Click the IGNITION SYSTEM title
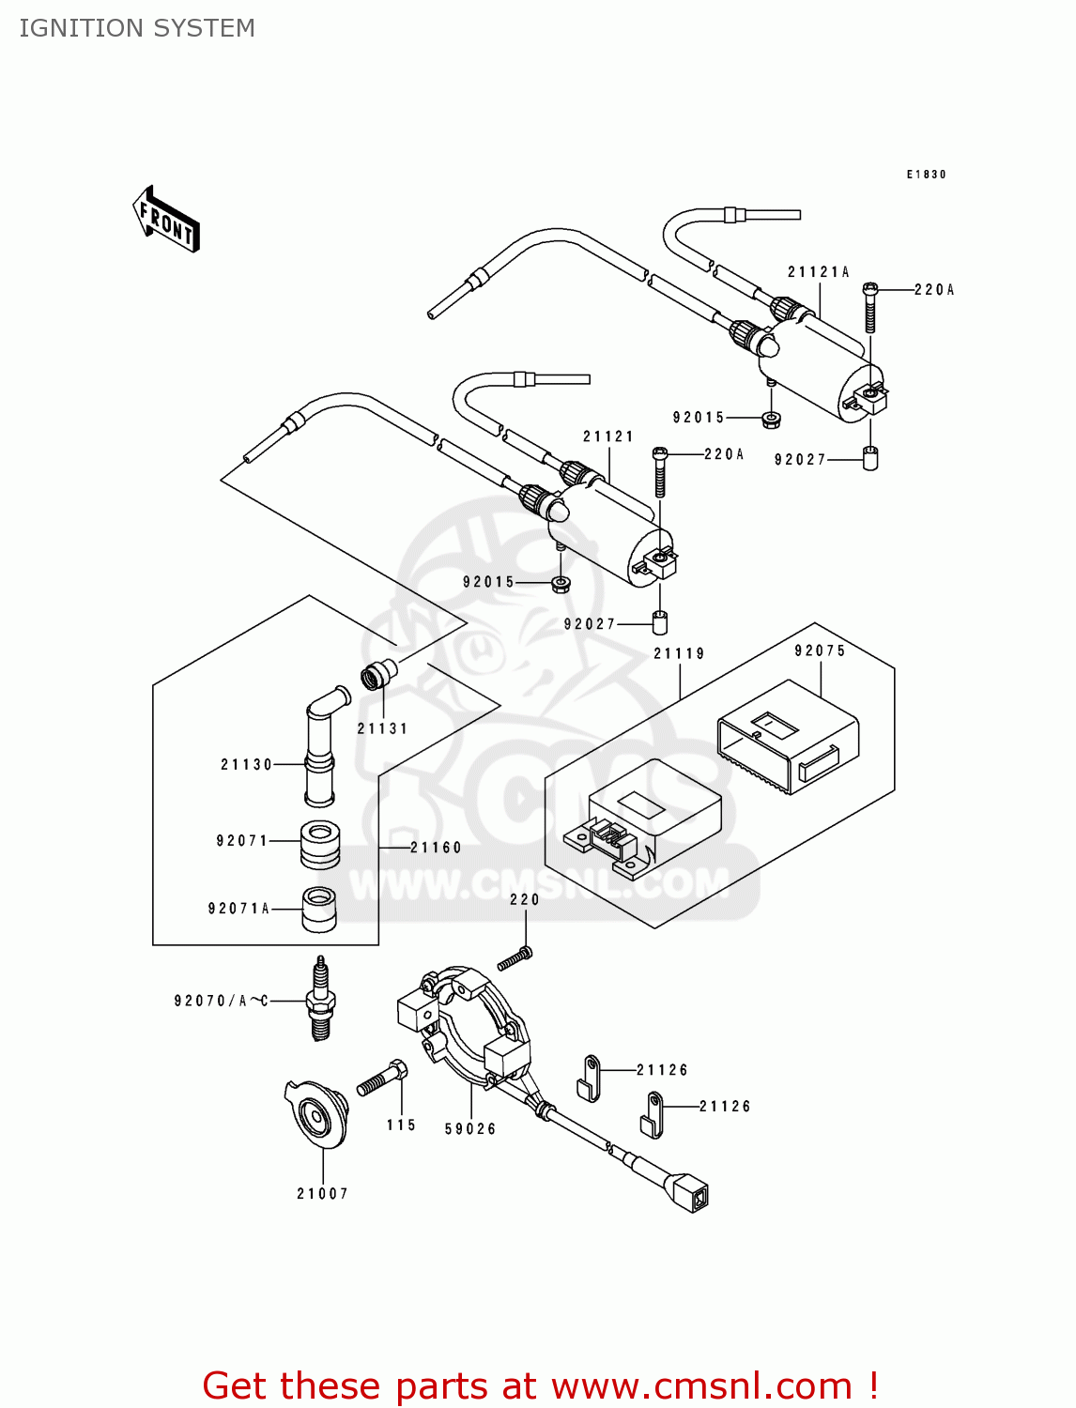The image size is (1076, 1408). (x=137, y=28)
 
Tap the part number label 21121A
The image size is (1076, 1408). (x=818, y=272)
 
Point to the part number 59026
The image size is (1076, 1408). (x=470, y=1129)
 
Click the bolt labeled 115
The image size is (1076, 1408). (x=383, y=1079)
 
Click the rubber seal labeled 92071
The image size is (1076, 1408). (x=320, y=843)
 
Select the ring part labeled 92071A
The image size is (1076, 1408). (x=319, y=909)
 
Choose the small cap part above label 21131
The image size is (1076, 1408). (x=378, y=673)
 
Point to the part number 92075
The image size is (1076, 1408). (x=820, y=650)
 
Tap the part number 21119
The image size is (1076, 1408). (x=679, y=653)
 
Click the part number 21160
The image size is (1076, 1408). (x=437, y=848)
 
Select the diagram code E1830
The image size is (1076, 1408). (x=926, y=175)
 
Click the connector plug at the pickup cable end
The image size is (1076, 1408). (x=691, y=1192)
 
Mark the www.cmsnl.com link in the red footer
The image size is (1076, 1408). (x=701, y=1385)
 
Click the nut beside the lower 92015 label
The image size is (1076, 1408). (x=561, y=585)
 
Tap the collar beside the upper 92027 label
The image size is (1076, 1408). (x=870, y=459)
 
